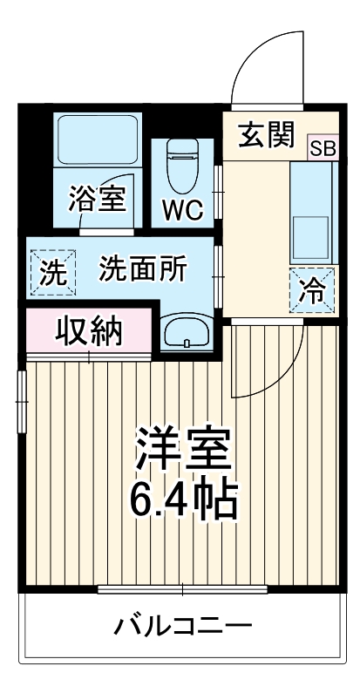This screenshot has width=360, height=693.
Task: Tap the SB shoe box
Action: [x=322, y=147]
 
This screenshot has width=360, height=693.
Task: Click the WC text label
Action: [x=182, y=209]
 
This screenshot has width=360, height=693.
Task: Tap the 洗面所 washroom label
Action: [x=141, y=269]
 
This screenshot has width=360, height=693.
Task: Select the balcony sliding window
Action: [x=183, y=591]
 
